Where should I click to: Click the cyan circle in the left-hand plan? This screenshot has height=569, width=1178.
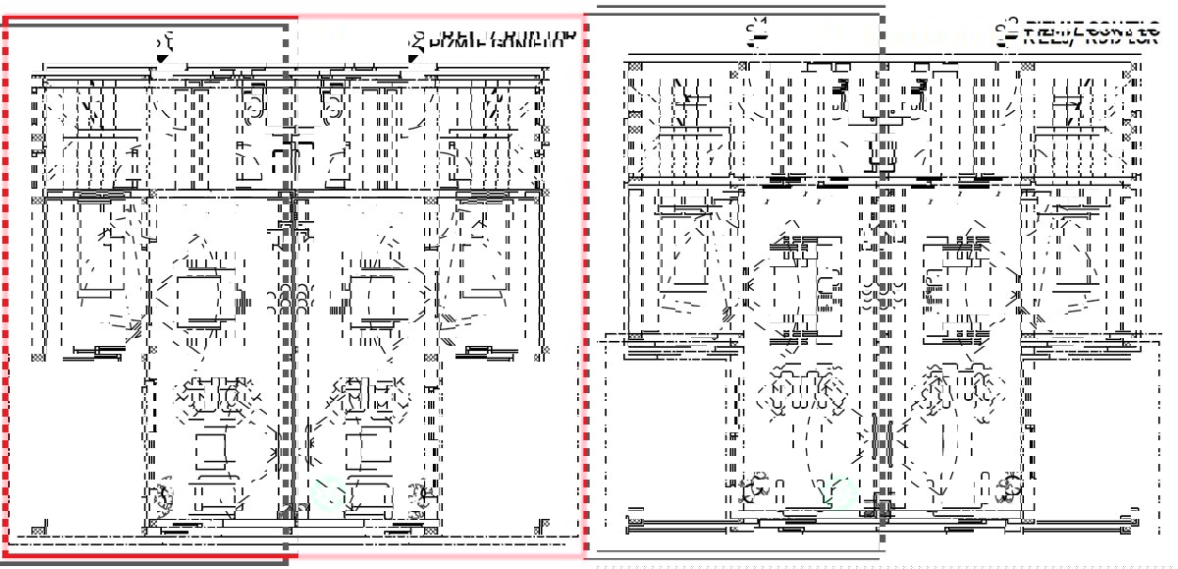pyautogui.click(x=329, y=488)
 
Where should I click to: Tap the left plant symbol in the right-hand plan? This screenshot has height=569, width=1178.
pyautogui.click(x=757, y=486)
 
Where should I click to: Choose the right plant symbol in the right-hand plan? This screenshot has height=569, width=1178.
pyautogui.click(x=1006, y=486)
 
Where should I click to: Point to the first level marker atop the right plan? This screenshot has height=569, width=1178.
pyautogui.click(x=755, y=32)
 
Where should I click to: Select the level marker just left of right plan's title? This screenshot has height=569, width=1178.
pyautogui.click(x=1004, y=32)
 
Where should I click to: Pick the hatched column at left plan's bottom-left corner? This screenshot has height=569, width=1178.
pyautogui.click(x=38, y=530)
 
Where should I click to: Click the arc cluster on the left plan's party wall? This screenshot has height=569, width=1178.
pyautogui.click(x=292, y=296)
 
